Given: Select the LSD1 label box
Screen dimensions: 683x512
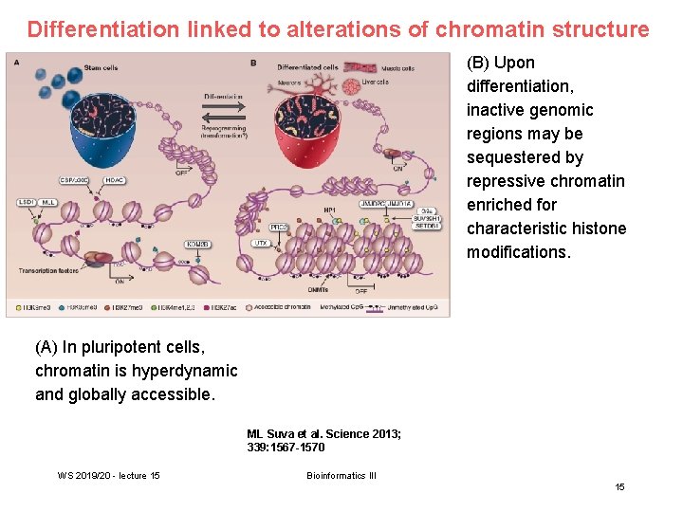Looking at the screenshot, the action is [x=27, y=202].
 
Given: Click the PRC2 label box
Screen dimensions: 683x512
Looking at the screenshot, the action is [x=279, y=227].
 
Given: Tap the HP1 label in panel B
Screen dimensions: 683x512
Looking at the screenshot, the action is [x=330, y=209].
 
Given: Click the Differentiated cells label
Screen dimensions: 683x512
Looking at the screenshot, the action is [x=307, y=67].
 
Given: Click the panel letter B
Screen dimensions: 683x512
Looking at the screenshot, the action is [x=253, y=63].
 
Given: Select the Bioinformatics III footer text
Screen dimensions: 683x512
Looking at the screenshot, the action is [x=341, y=475].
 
